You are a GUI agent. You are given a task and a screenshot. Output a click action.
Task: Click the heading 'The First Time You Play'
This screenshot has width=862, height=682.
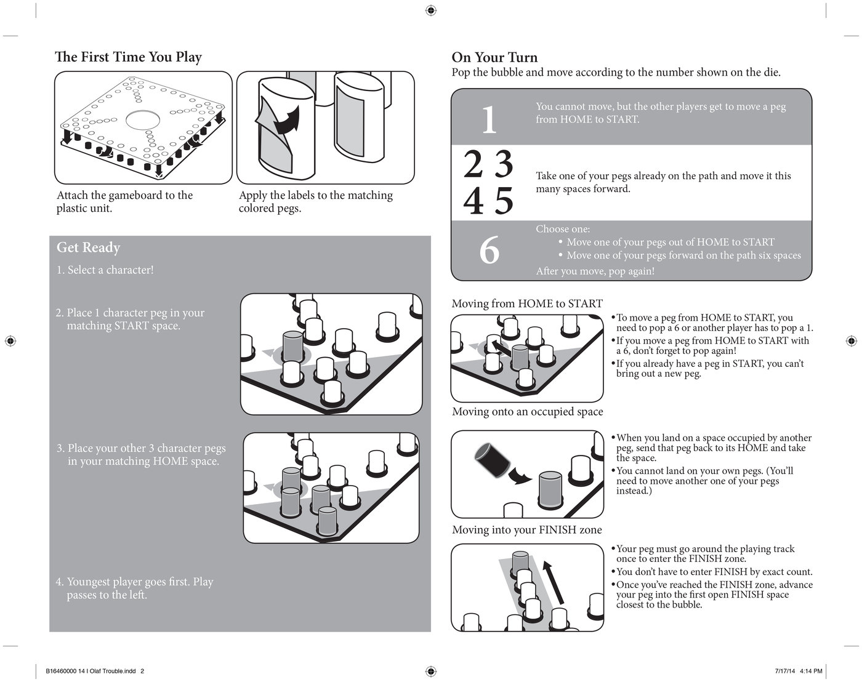tap(128, 57)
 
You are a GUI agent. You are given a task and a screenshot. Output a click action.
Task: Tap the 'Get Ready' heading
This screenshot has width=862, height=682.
tap(88, 247)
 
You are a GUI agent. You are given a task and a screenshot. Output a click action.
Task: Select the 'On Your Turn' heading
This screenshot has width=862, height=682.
tap(494, 57)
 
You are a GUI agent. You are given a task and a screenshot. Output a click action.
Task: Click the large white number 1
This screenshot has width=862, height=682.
tap(489, 119)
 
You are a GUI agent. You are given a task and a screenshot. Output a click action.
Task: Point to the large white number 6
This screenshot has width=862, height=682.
tap(489, 251)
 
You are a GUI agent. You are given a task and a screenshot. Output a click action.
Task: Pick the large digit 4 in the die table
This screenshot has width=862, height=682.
tap(473, 201)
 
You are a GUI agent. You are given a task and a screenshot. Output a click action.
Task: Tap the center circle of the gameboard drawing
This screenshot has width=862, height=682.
tap(148, 120)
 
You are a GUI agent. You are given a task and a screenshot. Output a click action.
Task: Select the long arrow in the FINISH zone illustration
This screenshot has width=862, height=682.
tap(554, 582)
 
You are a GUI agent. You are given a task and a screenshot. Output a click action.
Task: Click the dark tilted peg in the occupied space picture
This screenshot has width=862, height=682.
tap(491, 459)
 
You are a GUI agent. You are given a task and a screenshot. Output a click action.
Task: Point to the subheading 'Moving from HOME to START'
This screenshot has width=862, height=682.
tap(527, 303)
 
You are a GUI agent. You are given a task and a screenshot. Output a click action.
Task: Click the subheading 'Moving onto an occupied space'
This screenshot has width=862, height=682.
tap(527, 412)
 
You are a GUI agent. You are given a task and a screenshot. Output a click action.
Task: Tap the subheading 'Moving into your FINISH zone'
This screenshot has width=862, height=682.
tap(526, 530)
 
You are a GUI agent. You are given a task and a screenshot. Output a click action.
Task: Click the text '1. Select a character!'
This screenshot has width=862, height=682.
tap(105, 270)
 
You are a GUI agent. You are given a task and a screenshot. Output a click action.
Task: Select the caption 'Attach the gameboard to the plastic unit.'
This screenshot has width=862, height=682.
tap(124, 202)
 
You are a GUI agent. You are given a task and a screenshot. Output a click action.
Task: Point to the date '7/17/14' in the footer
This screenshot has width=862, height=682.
tap(785, 671)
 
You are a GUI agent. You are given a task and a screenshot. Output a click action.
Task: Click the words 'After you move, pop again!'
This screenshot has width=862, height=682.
tap(595, 271)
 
